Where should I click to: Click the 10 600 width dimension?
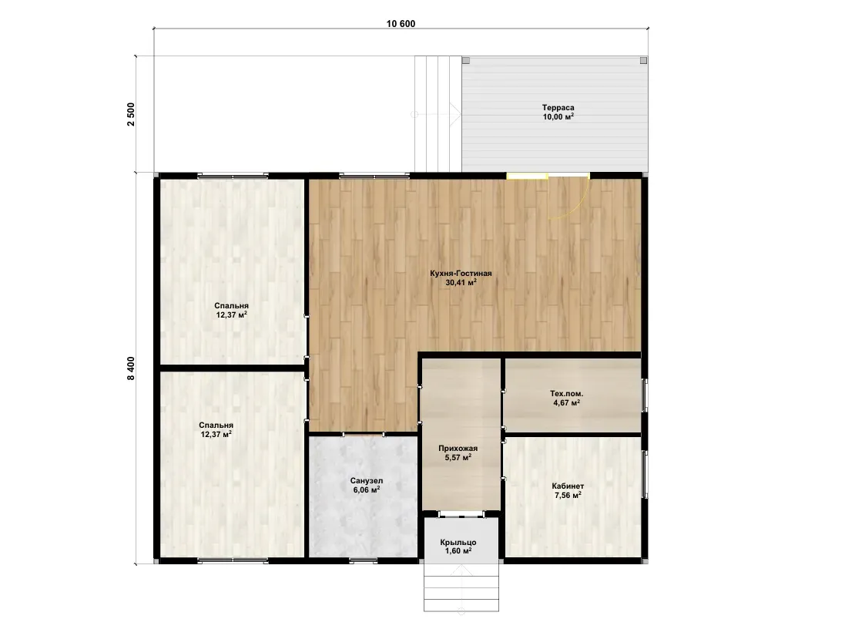(x=401, y=24)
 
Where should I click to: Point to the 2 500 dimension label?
(x=131, y=114)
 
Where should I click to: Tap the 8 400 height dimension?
(x=131, y=368)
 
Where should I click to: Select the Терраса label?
(x=558, y=107)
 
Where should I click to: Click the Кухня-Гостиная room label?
(x=461, y=274)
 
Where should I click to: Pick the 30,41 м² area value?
(x=461, y=282)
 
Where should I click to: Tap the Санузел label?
(x=367, y=480)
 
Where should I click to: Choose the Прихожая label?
(x=458, y=448)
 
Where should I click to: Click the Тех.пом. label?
(x=566, y=394)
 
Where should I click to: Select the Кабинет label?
(x=568, y=486)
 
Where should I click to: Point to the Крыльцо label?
(x=458, y=543)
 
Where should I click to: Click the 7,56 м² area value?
(x=568, y=495)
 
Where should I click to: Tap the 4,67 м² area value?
(x=566, y=403)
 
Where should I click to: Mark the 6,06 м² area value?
(x=367, y=489)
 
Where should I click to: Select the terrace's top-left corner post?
(x=465, y=60)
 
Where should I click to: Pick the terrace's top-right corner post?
(x=643, y=60)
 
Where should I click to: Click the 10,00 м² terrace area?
(x=558, y=116)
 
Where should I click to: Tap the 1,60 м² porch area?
(x=458, y=551)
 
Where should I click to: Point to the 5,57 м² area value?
(x=458, y=457)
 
